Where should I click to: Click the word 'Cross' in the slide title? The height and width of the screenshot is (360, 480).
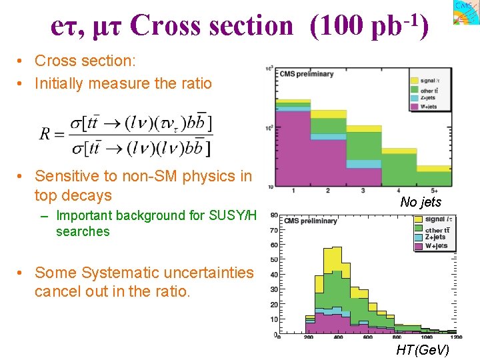pyautogui.click(x=159, y=26)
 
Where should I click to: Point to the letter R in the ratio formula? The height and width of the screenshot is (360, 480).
pyautogui.click(x=45, y=133)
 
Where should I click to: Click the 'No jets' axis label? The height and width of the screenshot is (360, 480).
pyautogui.click(x=421, y=202)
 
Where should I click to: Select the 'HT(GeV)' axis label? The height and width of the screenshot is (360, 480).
pyautogui.click(x=423, y=350)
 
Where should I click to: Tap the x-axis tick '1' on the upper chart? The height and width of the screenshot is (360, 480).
pyautogui.click(x=293, y=191)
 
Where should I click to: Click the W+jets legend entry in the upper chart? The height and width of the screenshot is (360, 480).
pyautogui.click(x=428, y=106)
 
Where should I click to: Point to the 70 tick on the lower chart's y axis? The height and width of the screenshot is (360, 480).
pyautogui.click(x=274, y=229)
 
